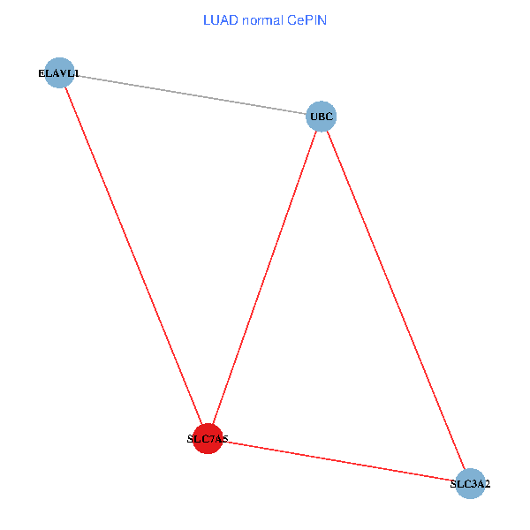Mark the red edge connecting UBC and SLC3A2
[x=396, y=299]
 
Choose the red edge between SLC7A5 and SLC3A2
[x=338, y=461]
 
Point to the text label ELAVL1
[x=58, y=73]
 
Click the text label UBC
[x=322, y=117]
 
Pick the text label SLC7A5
[x=208, y=439]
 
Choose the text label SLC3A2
[x=470, y=484]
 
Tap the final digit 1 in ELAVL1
[x=76, y=73]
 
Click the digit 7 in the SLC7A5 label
[x=209, y=439]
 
